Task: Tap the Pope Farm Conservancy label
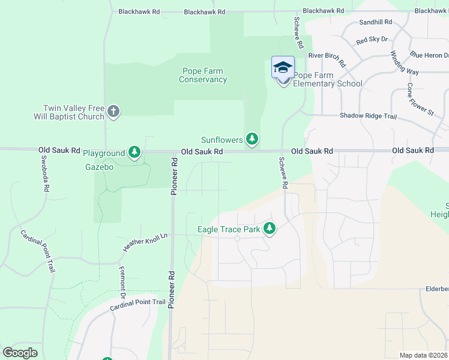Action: click(x=203, y=75)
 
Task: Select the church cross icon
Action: click(x=113, y=111)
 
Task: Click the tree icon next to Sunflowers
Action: click(x=253, y=140)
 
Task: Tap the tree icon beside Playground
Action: click(x=134, y=153)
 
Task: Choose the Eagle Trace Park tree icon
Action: click(x=270, y=228)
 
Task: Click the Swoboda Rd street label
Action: click(x=44, y=175)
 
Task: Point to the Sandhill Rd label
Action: click(x=375, y=22)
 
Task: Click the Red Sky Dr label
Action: click(x=372, y=40)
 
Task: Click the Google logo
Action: click(x=20, y=353)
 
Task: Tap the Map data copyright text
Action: click(x=424, y=355)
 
